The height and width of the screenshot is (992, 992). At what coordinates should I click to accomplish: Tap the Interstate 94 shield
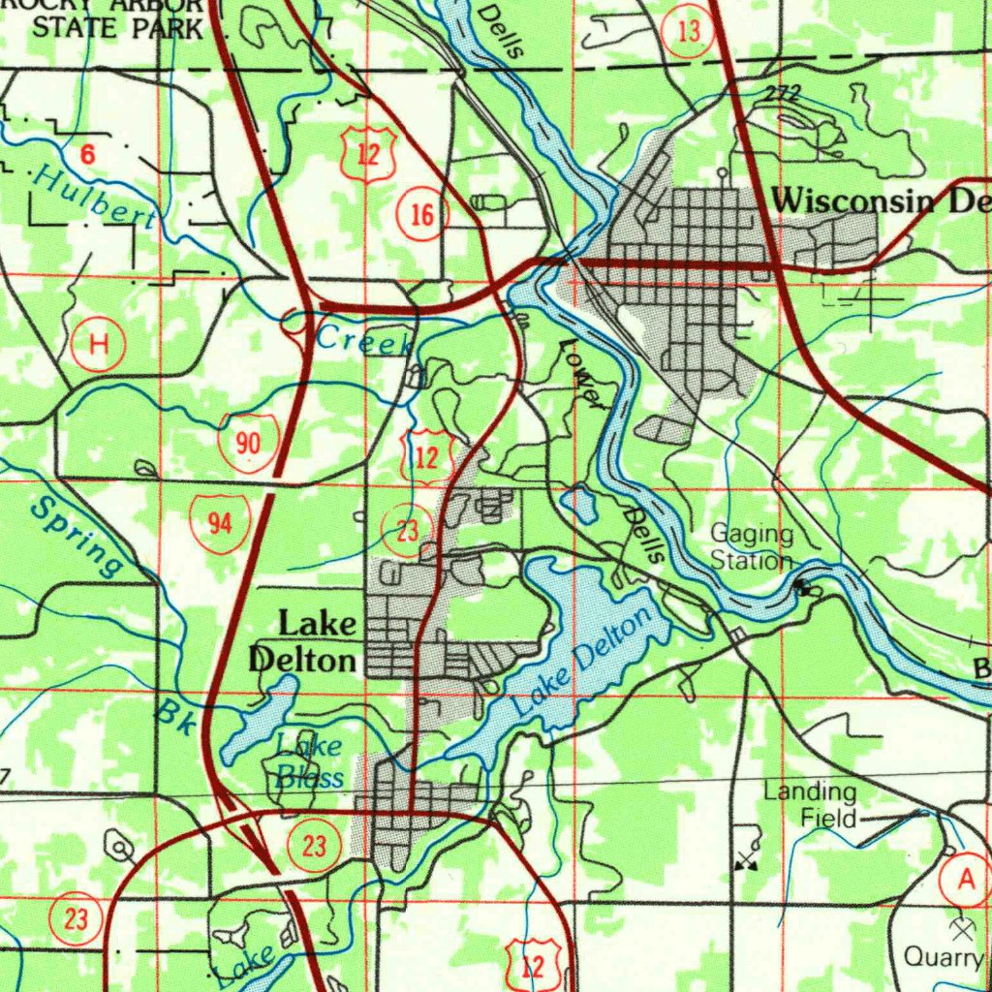pyautogui.click(x=220, y=523)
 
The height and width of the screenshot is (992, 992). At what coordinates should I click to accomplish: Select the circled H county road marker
pyautogui.click(x=98, y=344)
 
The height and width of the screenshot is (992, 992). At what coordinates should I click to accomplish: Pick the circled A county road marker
pyautogui.click(x=965, y=880)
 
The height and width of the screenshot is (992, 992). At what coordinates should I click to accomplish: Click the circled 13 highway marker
pyautogui.click(x=688, y=32)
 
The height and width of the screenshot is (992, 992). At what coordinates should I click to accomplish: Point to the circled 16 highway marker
pyautogui.click(x=422, y=215)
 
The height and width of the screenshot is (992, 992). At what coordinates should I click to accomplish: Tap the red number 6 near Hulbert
pyautogui.click(x=87, y=153)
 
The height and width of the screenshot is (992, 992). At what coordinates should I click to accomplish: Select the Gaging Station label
pyautogui.click(x=752, y=547)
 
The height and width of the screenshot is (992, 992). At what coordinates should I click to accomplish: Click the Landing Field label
pyautogui.click(x=810, y=805)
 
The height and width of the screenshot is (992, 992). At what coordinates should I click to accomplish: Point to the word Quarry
pyautogui.click(x=943, y=957)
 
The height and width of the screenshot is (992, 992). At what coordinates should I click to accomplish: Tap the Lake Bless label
pyautogui.click(x=309, y=761)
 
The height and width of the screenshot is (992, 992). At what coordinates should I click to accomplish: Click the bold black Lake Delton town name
pyautogui.click(x=303, y=641)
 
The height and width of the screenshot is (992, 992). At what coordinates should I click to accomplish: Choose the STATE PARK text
pyautogui.click(x=118, y=27)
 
